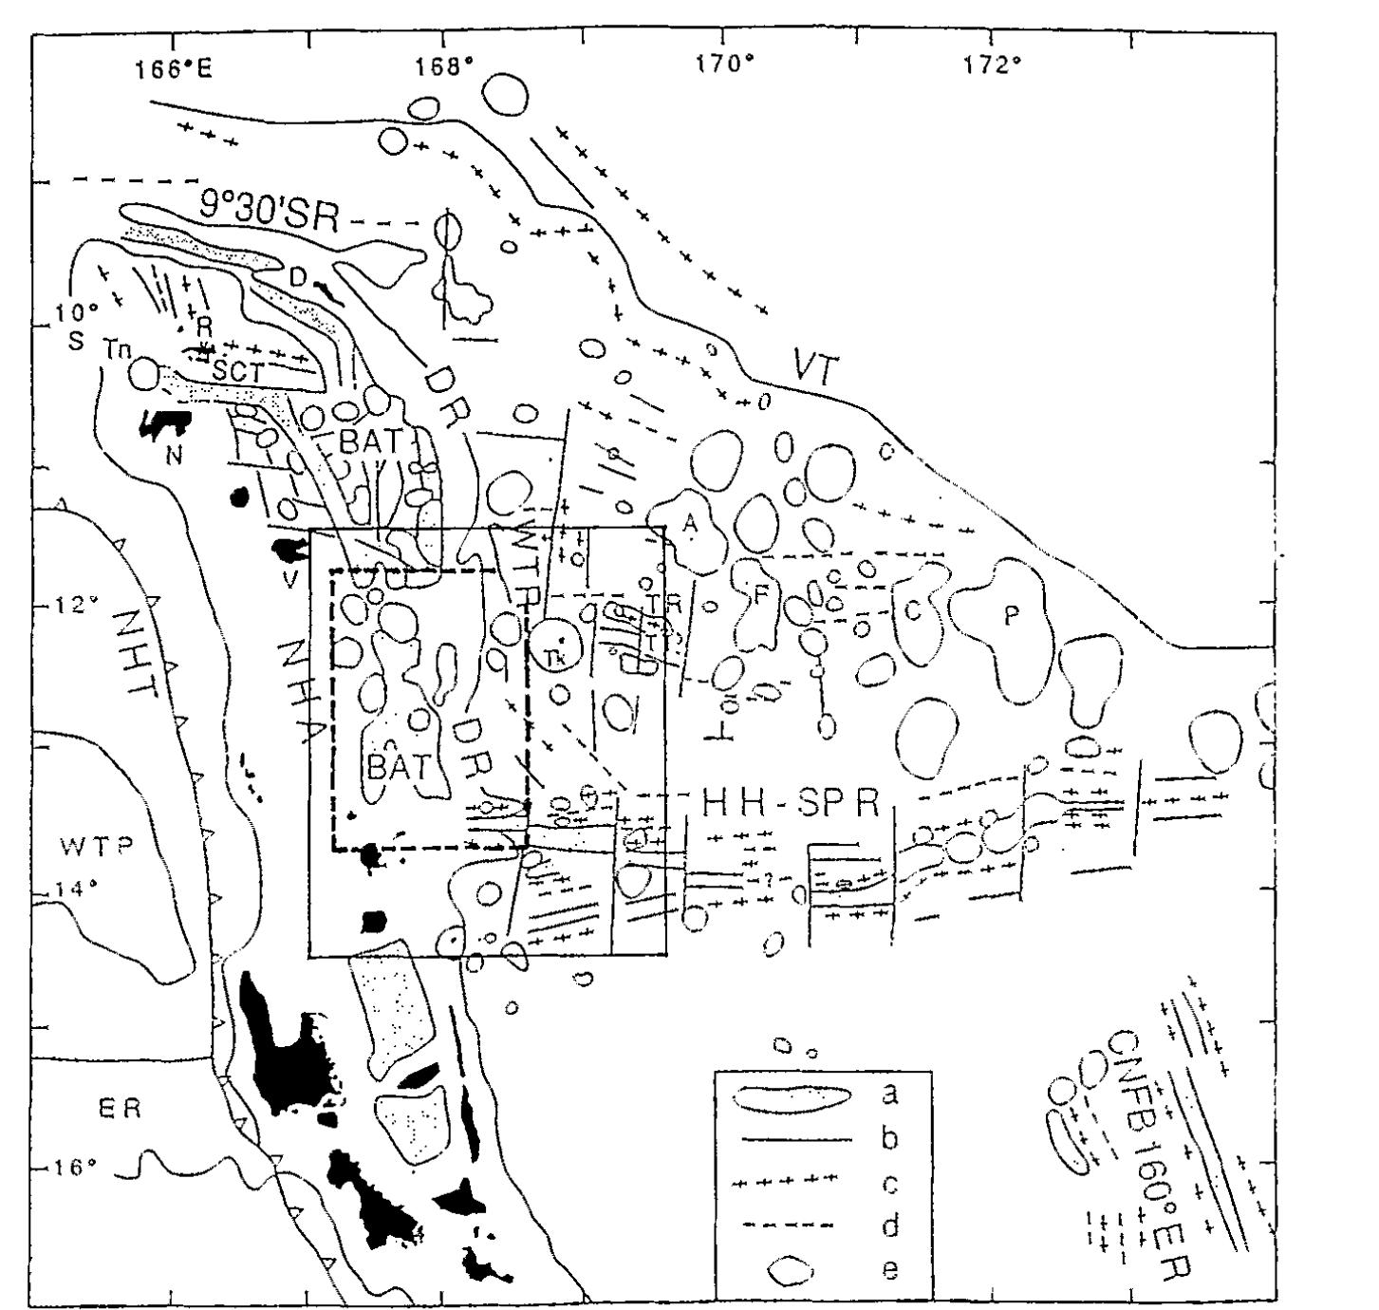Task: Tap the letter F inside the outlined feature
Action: click(759, 599)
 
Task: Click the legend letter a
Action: click(889, 1095)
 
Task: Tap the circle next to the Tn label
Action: click(144, 373)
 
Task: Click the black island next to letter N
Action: click(163, 424)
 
